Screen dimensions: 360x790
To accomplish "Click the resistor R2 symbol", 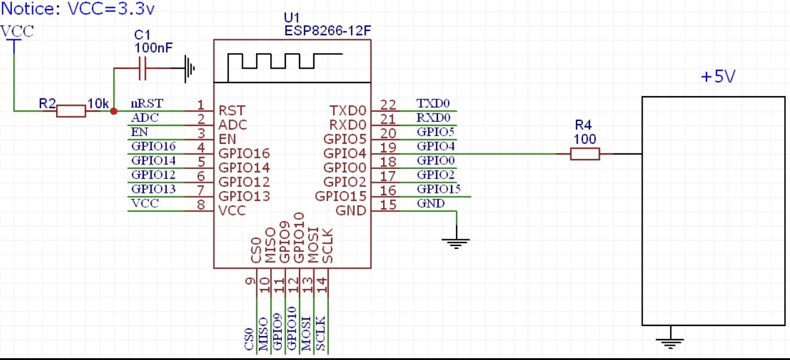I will pos(71,110).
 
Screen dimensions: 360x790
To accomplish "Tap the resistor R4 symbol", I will pos(585,154).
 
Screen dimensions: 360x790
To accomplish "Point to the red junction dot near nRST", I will pos(114,110).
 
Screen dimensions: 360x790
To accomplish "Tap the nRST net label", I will pos(146,104).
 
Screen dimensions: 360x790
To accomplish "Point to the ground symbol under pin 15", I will pos(456,241).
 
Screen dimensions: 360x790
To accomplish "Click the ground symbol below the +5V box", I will pos(671,342).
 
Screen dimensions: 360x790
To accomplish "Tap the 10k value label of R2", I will pos(98,104).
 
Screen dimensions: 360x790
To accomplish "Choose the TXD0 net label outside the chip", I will pos(433,104).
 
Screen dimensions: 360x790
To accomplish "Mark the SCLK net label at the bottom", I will pos(320,334).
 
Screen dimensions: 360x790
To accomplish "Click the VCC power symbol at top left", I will pos(14,36).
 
